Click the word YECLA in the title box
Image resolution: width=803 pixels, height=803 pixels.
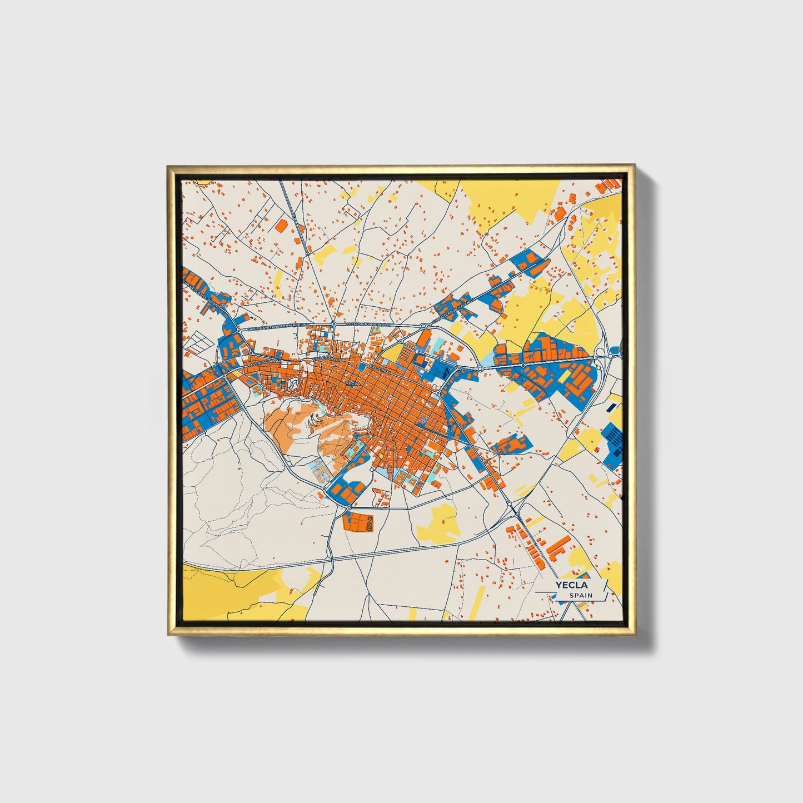click(573, 585)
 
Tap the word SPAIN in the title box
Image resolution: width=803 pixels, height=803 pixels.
click(581, 596)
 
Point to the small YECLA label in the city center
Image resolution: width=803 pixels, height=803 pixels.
click(353, 383)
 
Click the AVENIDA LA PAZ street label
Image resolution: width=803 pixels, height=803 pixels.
click(266, 362)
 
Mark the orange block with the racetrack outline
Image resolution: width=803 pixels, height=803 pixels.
click(358, 522)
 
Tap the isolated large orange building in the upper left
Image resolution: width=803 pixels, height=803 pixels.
click(281, 225)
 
